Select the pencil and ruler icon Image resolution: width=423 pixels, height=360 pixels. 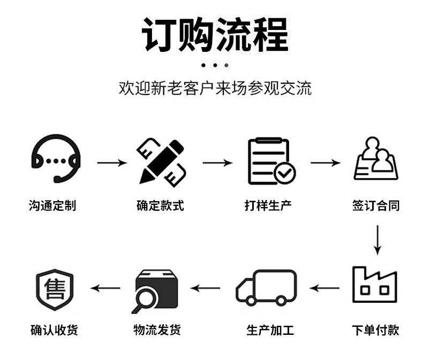pyautogui.click(x=161, y=161)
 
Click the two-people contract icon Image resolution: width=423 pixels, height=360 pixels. pyautogui.click(x=376, y=159)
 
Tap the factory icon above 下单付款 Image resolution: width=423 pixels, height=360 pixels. pyautogui.click(x=374, y=284)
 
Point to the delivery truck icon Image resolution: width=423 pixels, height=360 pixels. pyautogui.click(x=266, y=287)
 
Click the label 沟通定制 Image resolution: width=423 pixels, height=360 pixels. pyautogui.click(x=52, y=205)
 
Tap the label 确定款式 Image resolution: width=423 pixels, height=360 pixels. pyautogui.click(x=160, y=205)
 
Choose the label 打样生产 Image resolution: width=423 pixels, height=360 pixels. pyautogui.click(x=268, y=205)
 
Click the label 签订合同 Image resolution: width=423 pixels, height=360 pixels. pyautogui.click(x=376, y=205)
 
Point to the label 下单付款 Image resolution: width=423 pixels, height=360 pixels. pyautogui.click(x=375, y=330)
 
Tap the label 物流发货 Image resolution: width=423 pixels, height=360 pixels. pyautogui.click(x=157, y=330)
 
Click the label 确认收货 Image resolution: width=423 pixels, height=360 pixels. pyautogui.click(x=54, y=330)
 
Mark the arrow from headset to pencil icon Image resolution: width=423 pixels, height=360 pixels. pyautogui.click(x=111, y=162)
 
